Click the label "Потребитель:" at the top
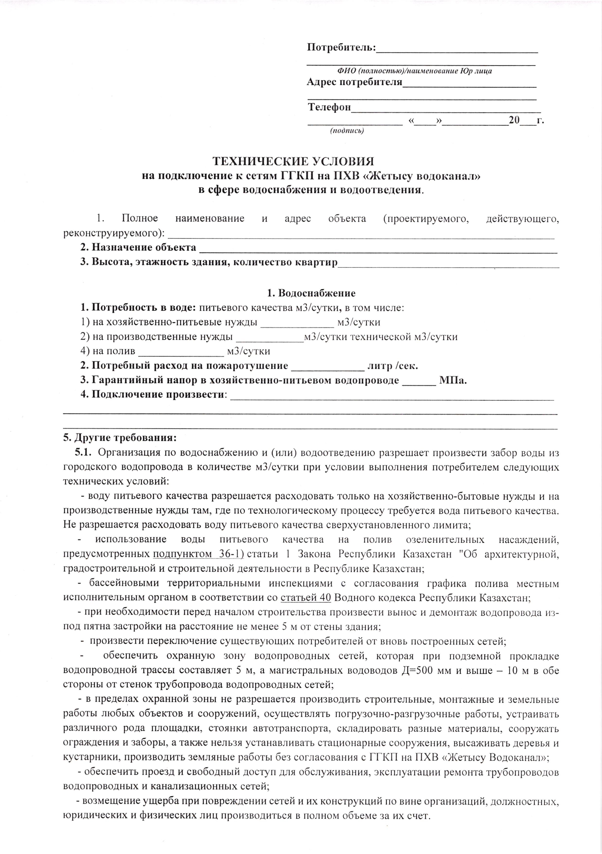(341, 48)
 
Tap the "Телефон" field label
(329, 108)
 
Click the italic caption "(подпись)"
(347, 130)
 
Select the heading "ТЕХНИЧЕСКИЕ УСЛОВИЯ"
(293, 161)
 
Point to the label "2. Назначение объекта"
(138, 247)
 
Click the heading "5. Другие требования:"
(120, 438)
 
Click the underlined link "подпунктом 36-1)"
(198, 554)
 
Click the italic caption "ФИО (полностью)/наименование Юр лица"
(414, 71)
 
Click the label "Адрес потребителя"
(354, 82)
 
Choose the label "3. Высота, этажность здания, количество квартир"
(209, 262)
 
